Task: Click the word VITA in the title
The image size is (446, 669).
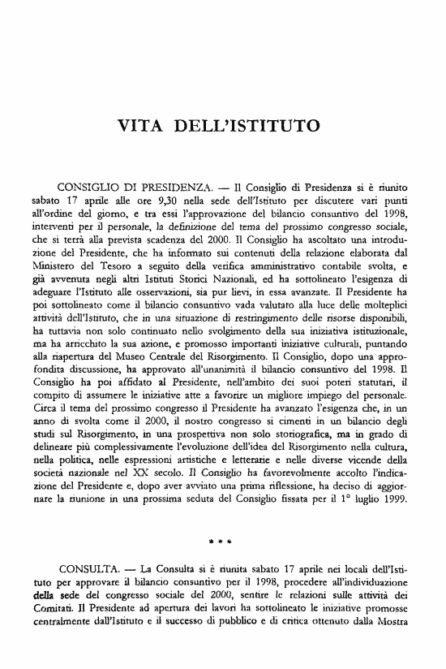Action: [x=143, y=127]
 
